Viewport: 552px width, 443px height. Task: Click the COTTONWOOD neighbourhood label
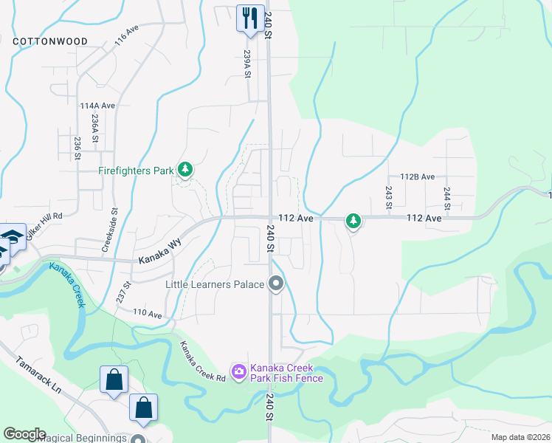[50, 41]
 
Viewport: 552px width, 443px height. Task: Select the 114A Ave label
[97, 106]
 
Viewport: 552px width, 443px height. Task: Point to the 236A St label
[95, 128]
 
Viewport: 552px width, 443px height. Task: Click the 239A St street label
[248, 64]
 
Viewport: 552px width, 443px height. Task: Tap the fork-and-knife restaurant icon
[249, 16]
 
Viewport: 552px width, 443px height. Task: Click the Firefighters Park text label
[137, 171]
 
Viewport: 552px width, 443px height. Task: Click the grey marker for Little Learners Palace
[276, 284]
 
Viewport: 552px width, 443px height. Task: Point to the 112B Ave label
[418, 176]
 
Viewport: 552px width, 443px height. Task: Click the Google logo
[24, 434]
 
